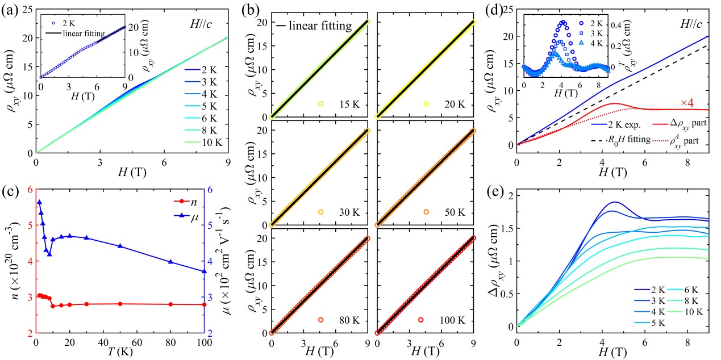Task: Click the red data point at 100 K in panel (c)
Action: [204, 304]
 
